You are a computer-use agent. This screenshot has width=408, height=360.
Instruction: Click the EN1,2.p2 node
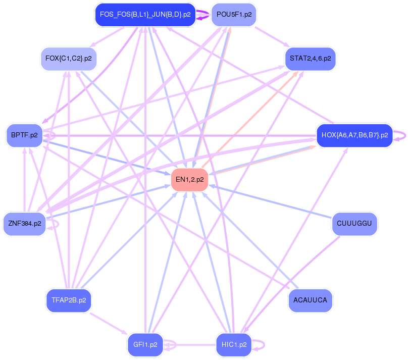point(190,179)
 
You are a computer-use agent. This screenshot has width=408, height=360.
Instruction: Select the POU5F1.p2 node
point(233,15)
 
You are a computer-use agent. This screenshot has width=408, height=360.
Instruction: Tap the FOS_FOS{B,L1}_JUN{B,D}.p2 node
point(145,15)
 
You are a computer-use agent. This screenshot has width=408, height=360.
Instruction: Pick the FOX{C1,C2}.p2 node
point(68,59)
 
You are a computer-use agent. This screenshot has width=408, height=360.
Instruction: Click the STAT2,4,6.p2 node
point(310,59)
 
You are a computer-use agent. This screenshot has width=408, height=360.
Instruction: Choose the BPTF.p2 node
point(24,135)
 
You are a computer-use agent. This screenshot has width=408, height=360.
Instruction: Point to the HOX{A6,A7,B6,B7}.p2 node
point(354,135)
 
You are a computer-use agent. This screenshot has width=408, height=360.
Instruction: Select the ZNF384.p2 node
point(24,223)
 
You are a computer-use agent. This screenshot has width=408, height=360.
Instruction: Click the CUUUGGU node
point(354,223)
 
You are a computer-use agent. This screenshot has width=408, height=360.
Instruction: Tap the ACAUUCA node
point(310,300)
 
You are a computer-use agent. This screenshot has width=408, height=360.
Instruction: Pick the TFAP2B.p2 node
point(68,300)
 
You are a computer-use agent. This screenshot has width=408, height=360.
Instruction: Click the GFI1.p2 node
point(145,345)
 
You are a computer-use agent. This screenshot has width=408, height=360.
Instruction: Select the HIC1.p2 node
point(234,345)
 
